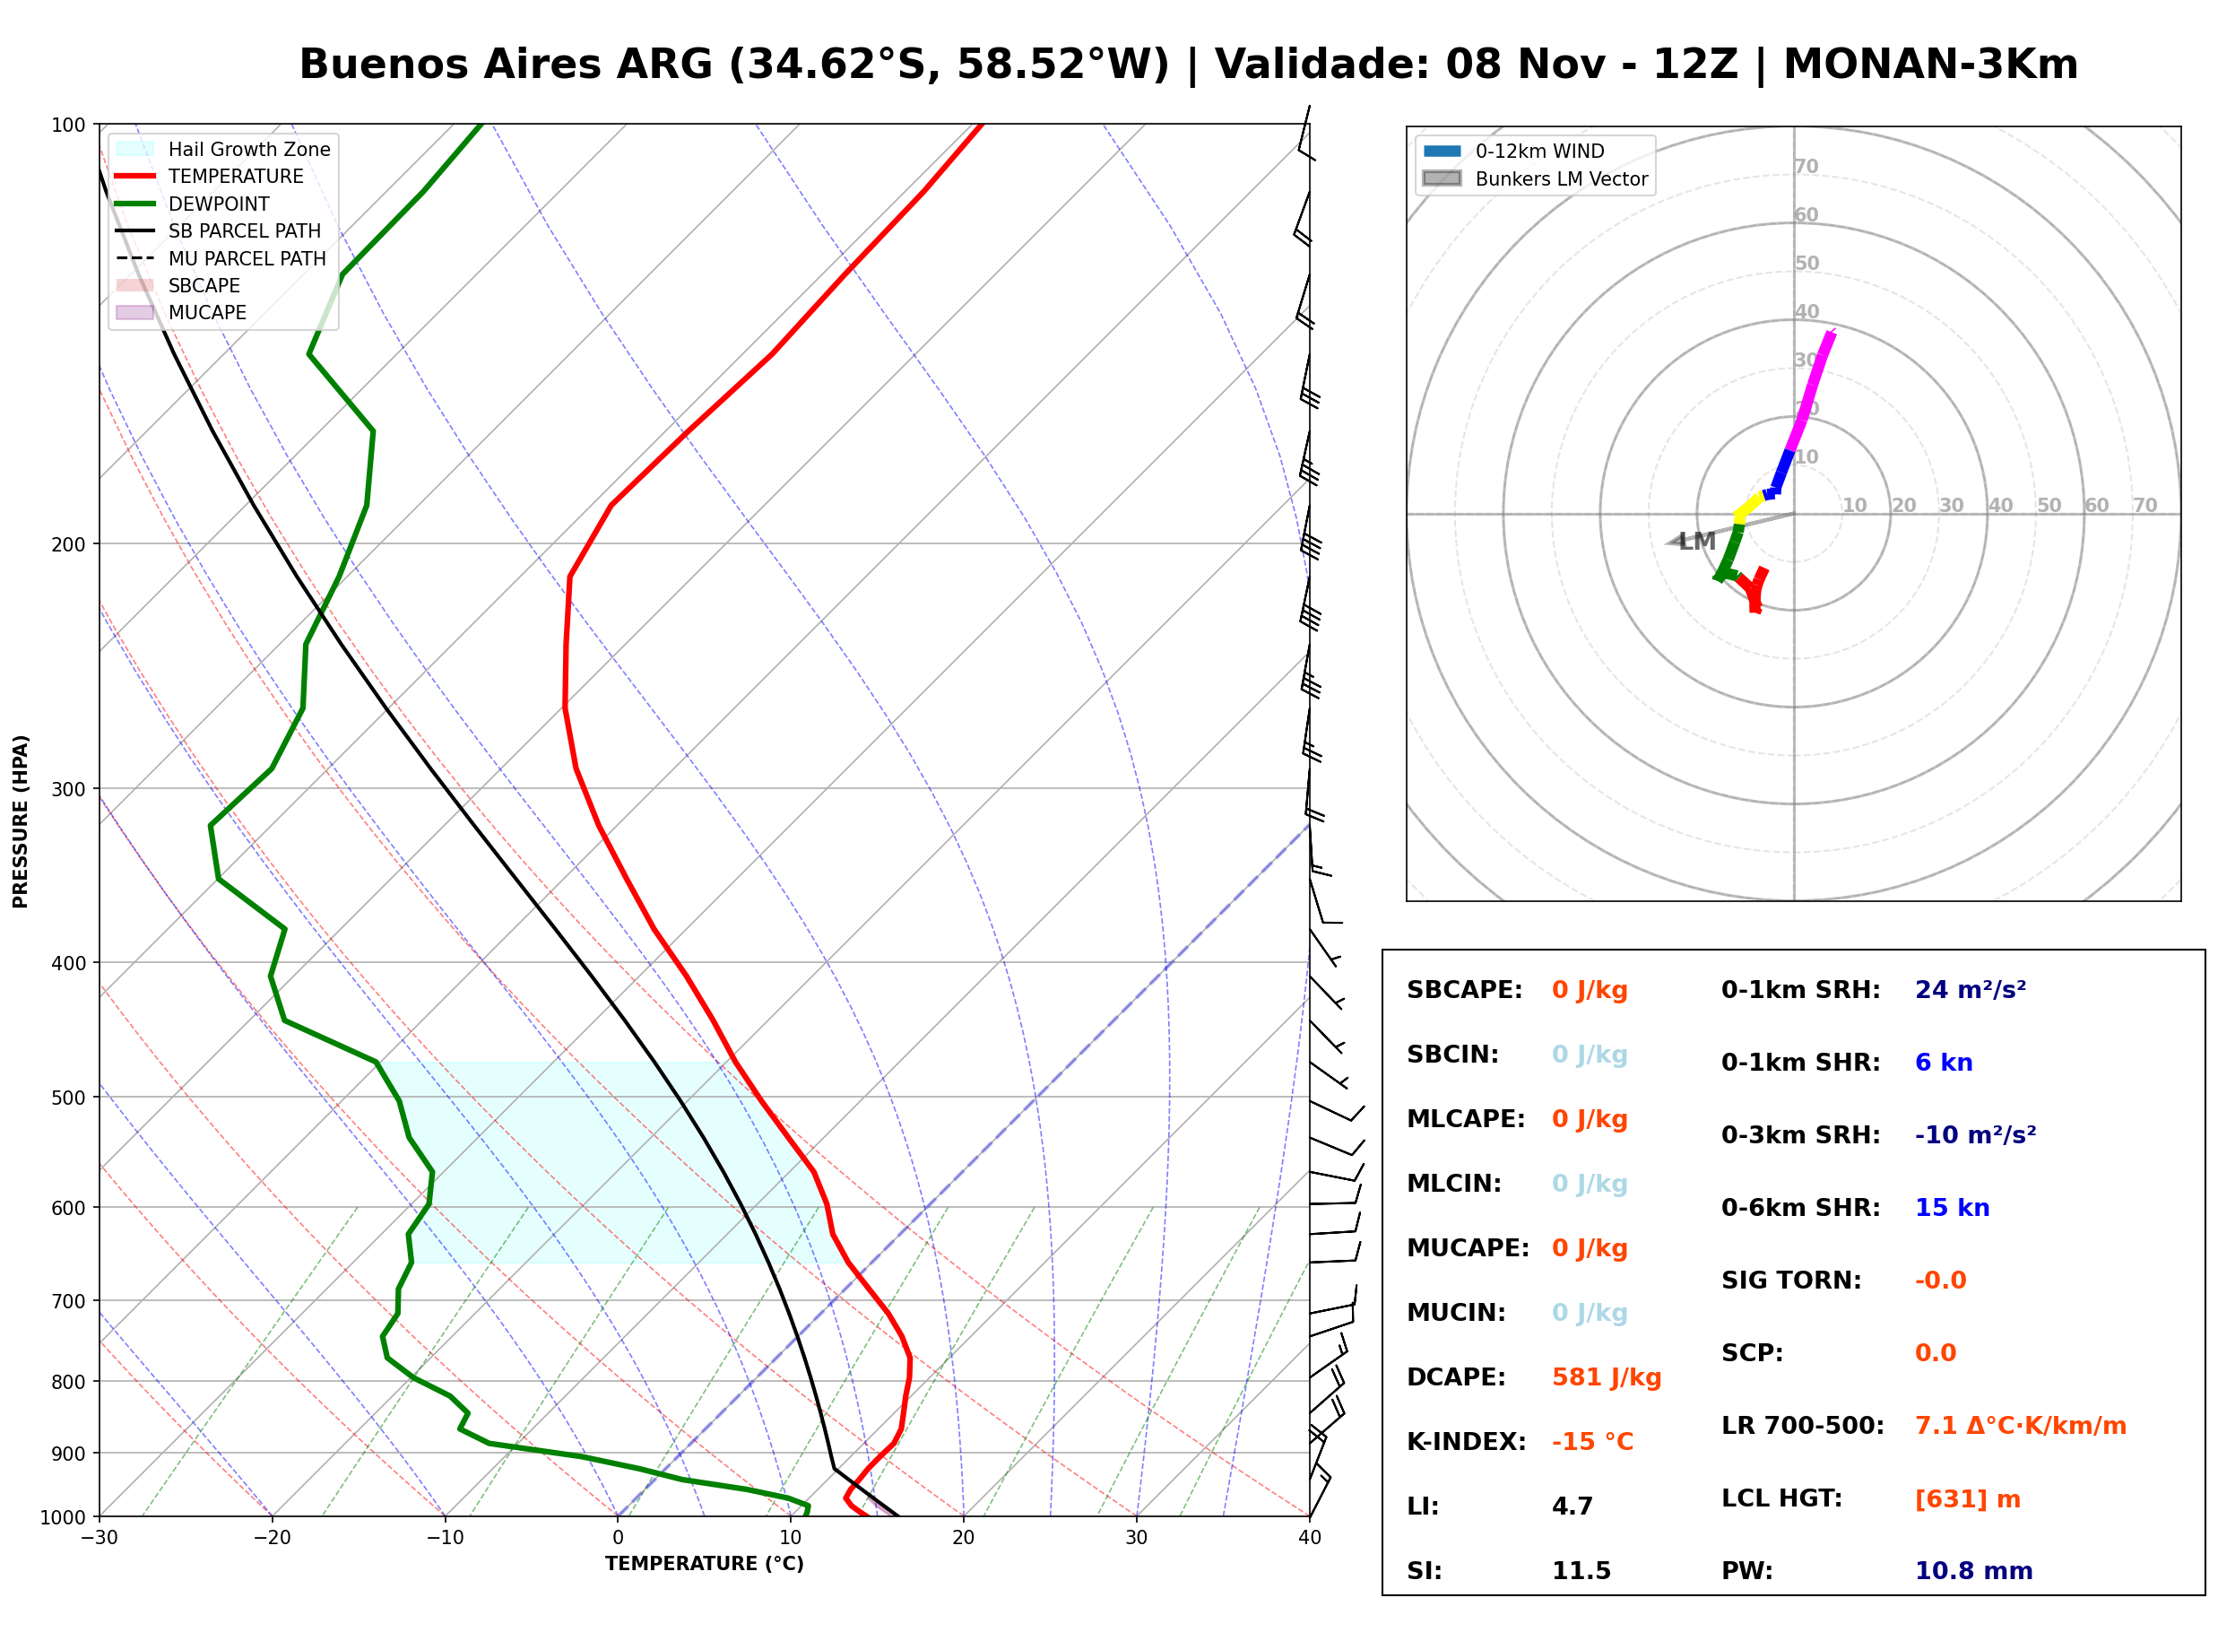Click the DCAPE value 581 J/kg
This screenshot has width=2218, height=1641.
(1606, 1377)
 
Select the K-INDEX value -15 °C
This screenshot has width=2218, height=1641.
(1591, 1442)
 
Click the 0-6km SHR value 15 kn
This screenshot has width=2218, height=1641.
(1952, 1208)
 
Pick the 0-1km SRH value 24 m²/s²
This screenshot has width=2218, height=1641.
(1970, 990)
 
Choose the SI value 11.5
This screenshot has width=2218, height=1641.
(1581, 1571)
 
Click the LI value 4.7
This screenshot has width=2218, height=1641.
(1572, 1506)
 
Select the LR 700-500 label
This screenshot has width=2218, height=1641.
(1802, 1427)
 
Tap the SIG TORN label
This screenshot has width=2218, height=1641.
(1791, 1281)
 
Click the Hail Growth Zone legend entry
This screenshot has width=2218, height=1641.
(223, 149)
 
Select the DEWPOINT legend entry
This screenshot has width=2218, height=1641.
(193, 204)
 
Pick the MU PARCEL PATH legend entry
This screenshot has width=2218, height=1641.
(221, 258)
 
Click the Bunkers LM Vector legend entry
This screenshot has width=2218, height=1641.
(1535, 178)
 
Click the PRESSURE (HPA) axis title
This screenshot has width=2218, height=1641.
(21, 821)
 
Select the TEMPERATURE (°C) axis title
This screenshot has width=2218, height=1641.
(705, 1565)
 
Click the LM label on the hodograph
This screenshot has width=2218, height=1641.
(1697, 542)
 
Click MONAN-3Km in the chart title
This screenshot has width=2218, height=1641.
(1931, 65)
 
